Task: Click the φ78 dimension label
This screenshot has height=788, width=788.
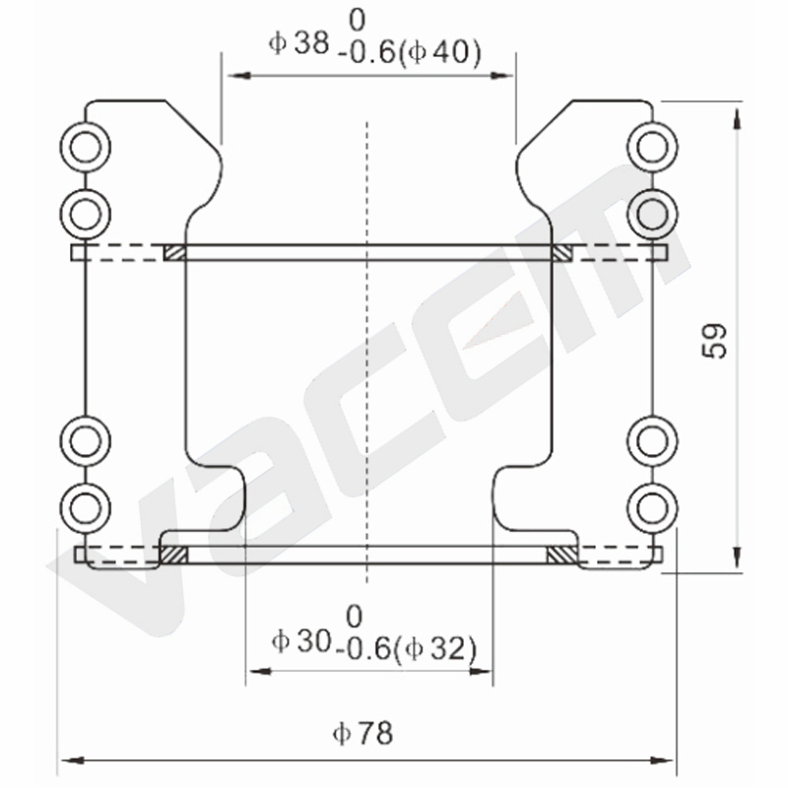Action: [362, 733]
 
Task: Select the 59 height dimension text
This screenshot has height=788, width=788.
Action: [714, 341]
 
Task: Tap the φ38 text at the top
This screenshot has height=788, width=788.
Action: [299, 42]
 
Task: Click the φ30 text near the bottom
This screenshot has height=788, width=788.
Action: [301, 641]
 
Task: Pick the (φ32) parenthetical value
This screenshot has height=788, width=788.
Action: [434, 649]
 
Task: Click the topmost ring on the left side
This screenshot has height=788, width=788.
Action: [86, 147]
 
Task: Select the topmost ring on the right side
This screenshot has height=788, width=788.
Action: [653, 147]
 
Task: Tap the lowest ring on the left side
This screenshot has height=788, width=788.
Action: [86, 508]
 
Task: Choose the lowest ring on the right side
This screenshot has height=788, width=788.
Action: [653, 508]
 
